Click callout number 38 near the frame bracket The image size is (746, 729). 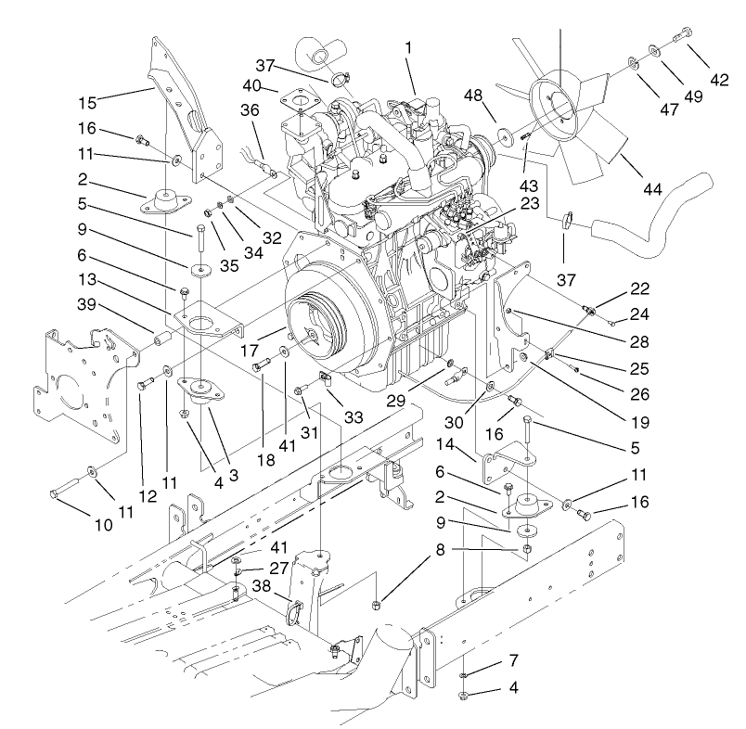click(262, 585)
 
